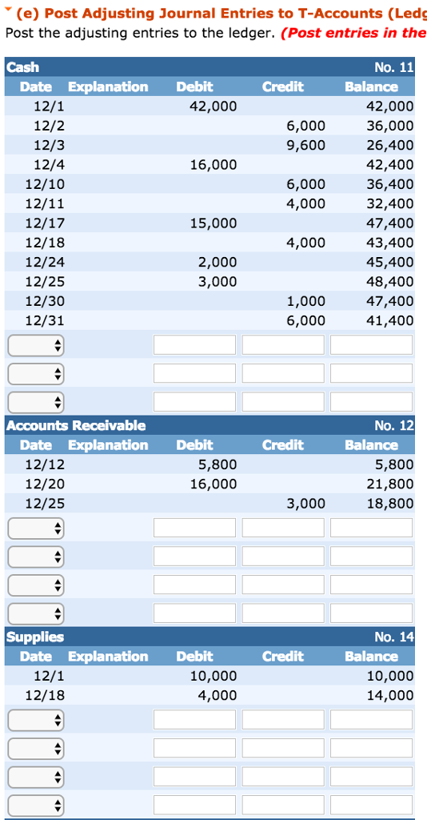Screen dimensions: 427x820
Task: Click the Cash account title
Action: pos(22,67)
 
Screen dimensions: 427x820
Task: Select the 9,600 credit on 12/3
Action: pos(305,145)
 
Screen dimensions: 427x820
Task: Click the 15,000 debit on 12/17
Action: pos(217,223)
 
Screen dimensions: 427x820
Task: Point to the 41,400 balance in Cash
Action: pos(390,320)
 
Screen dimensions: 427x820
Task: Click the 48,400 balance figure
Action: pos(390,281)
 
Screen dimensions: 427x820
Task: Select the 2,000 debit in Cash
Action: pos(217,262)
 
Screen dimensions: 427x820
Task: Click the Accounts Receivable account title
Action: pos(76,425)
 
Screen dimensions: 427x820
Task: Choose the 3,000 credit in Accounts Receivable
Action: pos(305,503)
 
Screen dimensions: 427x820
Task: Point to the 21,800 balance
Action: pos(390,484)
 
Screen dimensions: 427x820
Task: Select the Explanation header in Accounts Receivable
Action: pos(108,444)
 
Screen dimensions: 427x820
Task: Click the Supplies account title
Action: pos(35,637)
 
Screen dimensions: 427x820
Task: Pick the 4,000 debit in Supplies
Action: pos(217,695)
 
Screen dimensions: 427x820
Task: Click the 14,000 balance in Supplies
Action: pos(390,695)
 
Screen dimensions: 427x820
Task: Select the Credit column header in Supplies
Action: pos(282,656)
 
